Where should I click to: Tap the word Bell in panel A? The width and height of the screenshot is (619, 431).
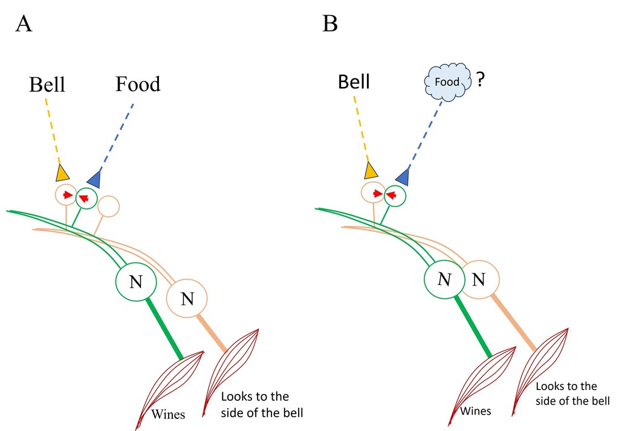[47, 85]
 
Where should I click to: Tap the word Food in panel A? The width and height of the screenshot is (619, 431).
[138, 84]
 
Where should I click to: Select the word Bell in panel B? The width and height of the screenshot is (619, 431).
[354, 81]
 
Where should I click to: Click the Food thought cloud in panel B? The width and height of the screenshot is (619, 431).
[447, 81]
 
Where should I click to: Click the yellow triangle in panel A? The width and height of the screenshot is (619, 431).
[62, 173]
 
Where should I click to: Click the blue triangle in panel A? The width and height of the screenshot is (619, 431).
[94, 178]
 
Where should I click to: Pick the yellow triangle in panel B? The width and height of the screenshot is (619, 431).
[371, 171]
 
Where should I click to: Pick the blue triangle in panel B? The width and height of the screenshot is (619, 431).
[403, 175]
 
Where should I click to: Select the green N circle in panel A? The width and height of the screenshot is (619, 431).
[136, 282]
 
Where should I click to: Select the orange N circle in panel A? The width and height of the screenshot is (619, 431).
[187, 297]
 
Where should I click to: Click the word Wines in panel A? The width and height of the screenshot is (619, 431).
[168, 414]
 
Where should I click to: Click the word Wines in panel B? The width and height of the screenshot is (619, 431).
[476, 411]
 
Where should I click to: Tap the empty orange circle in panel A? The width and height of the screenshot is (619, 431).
[108, 206]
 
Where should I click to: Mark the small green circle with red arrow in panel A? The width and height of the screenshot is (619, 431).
[86, 199]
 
